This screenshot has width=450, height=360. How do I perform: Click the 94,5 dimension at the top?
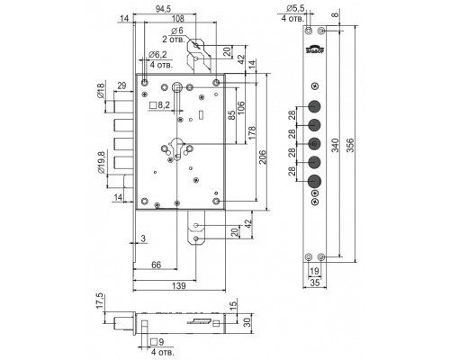[x=163, y=9]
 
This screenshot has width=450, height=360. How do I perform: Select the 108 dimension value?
[x=177, y=19]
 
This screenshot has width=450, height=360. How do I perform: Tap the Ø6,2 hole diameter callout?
[x=157, y=55]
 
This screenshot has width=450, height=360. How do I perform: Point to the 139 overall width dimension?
[x=179, y=285]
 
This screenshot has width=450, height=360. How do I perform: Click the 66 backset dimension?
[x=156, y=265]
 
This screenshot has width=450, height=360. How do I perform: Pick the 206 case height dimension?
[x=263, y=157]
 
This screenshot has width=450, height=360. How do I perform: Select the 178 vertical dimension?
[x=252, y=132]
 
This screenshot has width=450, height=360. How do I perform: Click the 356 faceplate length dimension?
[x=350, y=145]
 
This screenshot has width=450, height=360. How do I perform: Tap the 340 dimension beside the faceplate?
[x=335, y=145]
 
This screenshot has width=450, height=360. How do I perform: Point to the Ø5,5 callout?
[x=295, y=8]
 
